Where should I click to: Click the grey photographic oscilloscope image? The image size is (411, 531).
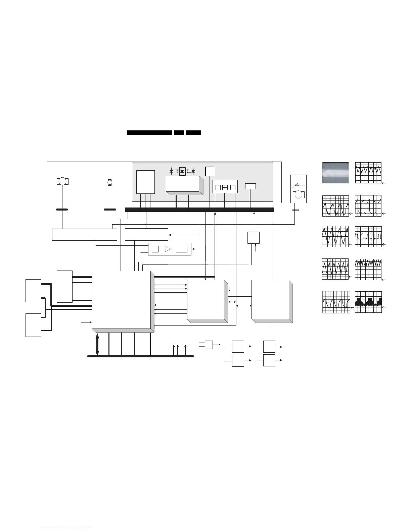(335, 173)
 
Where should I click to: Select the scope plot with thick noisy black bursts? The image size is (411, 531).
(368, 302)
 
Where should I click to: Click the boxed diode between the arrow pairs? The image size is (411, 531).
(182, 171)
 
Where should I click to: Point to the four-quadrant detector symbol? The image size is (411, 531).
(225, 187)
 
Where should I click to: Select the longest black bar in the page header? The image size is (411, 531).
(150, 133)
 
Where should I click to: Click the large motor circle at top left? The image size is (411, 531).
(62, 181)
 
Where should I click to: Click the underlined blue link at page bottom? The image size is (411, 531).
(67, 528)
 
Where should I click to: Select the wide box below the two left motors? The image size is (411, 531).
(84, 234)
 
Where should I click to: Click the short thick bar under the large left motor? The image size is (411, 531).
(62, 209)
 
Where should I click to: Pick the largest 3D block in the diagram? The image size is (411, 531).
(122, 300)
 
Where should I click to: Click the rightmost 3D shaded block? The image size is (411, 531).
(271, 300)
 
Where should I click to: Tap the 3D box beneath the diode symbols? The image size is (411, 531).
(183, 184)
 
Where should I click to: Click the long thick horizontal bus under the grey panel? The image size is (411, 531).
(199, 210)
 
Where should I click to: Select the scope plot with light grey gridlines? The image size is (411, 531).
(336, 302)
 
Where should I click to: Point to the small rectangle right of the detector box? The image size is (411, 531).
(250, 186)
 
